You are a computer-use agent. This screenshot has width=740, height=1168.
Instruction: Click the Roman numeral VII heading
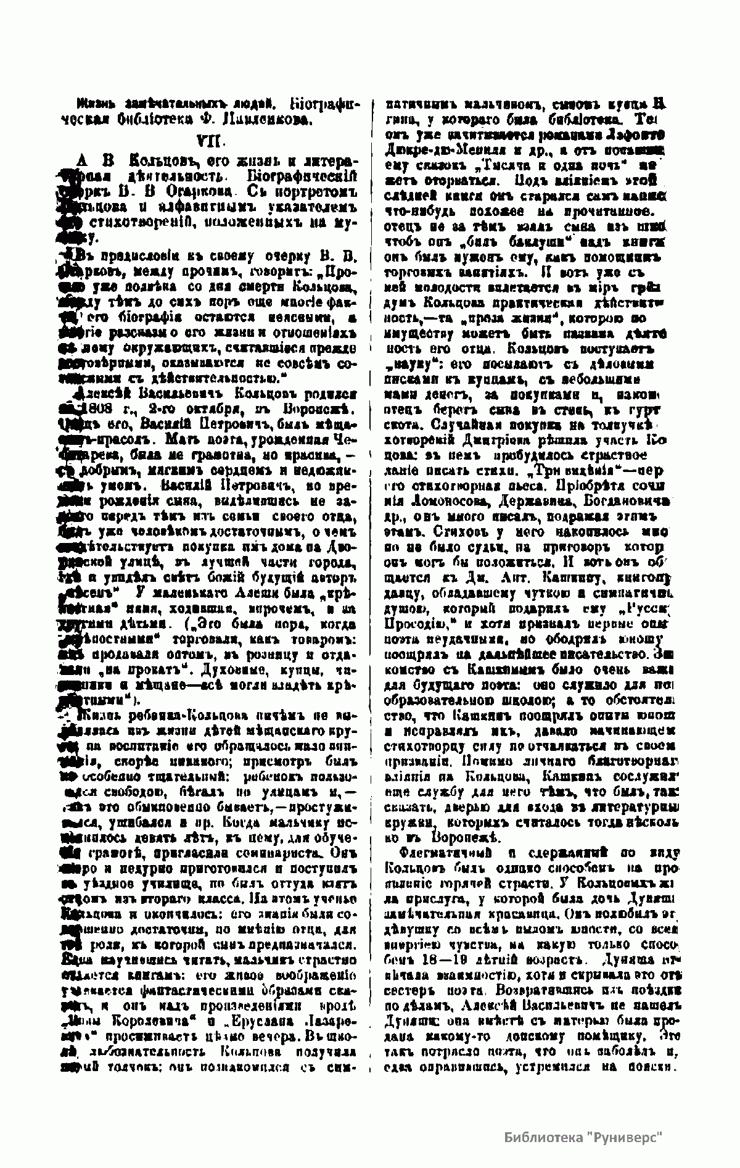tap(207, 140)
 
